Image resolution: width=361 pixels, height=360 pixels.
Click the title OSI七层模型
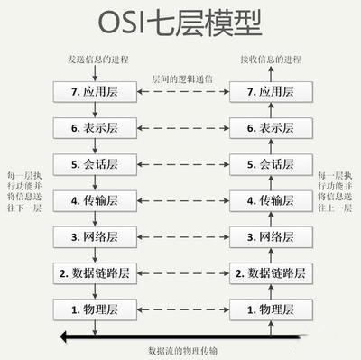pos(180,23)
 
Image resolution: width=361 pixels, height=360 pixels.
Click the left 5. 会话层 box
pos(94,164)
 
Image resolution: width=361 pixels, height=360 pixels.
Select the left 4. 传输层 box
pos(94,200)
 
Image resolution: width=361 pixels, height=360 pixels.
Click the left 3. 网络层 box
pos(94,237)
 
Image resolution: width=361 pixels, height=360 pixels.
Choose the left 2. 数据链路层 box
pos(94,273)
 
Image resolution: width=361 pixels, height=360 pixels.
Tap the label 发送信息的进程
pos(94,60)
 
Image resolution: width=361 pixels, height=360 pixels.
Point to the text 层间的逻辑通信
pos(181,79)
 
